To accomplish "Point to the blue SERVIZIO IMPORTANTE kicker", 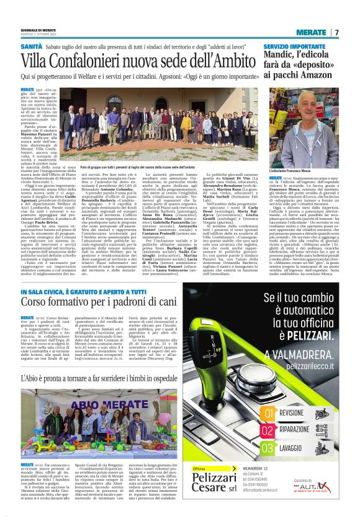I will pos(294,47).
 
